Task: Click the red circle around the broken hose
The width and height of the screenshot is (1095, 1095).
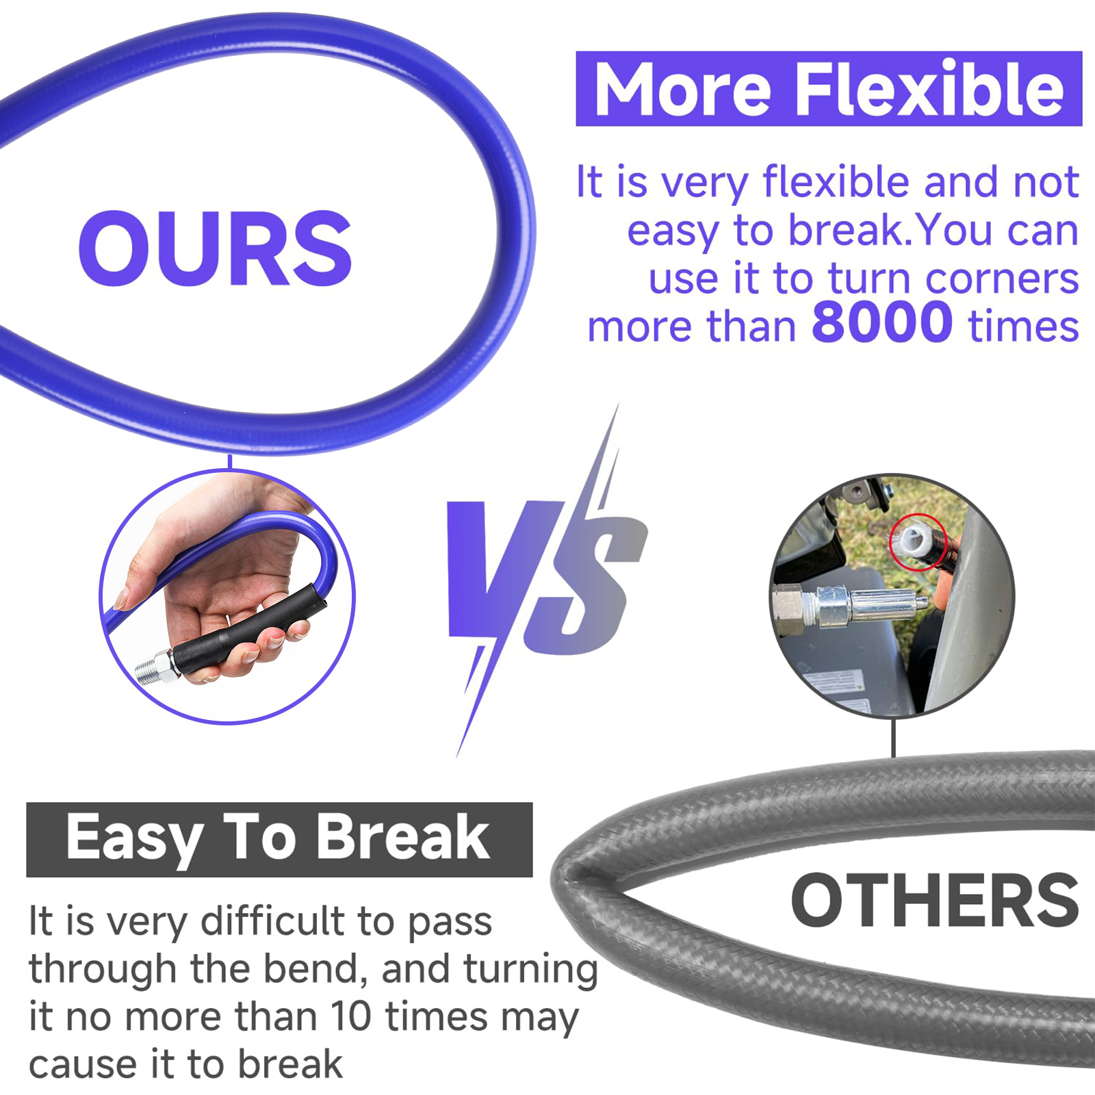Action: click(918, 541)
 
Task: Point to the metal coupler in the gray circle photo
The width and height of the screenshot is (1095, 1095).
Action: click(849, 605)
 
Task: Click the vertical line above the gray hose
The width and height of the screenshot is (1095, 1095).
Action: click(894, 737)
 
